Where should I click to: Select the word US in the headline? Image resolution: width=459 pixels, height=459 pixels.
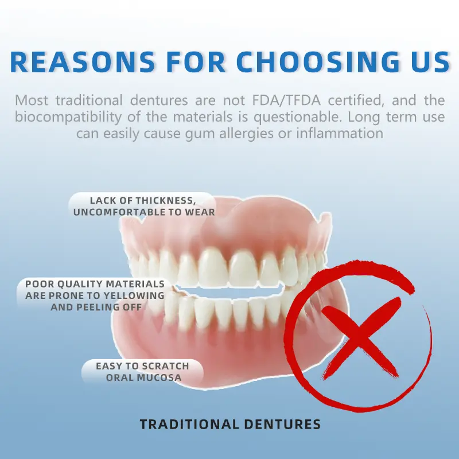tap(428, 62)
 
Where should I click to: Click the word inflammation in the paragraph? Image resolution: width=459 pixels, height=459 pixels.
tap(339, 134)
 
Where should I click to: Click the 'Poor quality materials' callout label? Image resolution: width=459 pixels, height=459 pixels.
tap(95, 295)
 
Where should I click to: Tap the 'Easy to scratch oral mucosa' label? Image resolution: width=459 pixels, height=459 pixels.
tap(142, 372)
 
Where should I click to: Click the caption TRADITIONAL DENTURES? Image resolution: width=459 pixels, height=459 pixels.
tap(230, 425)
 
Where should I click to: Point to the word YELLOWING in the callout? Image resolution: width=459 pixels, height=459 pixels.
tap(133, 295)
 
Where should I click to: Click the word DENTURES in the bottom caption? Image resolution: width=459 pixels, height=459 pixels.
tap(281, 425)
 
